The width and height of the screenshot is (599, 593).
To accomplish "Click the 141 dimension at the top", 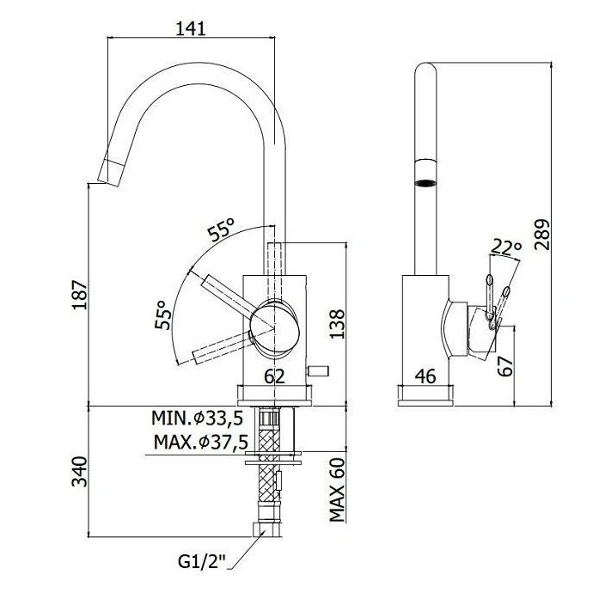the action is pyautogui.click(x=190, y=28).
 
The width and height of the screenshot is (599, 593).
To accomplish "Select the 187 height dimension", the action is pyautogui.click(x=80, y=295).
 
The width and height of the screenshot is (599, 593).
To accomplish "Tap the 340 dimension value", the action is pyautogui.click(x=80, y=471).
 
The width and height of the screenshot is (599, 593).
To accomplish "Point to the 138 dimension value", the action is pyautogui.click(x=337, y=324).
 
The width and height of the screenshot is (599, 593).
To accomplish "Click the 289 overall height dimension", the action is pyautogui.click(x=541, y=235).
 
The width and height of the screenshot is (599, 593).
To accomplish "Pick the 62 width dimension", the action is pyautogui.click(x=275, y=376).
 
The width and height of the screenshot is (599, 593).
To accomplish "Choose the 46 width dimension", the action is pyautogui.click(x=425, y=376).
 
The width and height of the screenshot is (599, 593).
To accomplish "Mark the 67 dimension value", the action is pyautogui.click(x=505, y=366).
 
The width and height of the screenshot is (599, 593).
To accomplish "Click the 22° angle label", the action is pyautogui.click(x=506, y=247).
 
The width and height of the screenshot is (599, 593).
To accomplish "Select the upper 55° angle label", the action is pyautogui.click(x=221, y=229).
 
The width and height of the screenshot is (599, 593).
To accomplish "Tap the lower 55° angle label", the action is pyautogui.click(x=162, y=314).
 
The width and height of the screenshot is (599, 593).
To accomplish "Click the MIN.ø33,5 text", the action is pyautogui.click(x=197, y=418).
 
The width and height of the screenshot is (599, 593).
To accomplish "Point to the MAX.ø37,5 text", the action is pyautogui.click(x=201, y=442).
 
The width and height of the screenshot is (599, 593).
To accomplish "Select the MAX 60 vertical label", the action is pyautogui.click(x=337, y=490).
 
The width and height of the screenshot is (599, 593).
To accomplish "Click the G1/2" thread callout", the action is pyautogui.click(x=202, y=561).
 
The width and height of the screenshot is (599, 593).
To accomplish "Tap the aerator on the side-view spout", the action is pyautogui.click(x=425, y=183).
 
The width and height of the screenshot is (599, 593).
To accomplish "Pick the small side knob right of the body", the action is pyautogui.click(x=318, y=370).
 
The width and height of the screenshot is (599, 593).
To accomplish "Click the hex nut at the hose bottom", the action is pyautogui.click(x=267, y=529).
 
